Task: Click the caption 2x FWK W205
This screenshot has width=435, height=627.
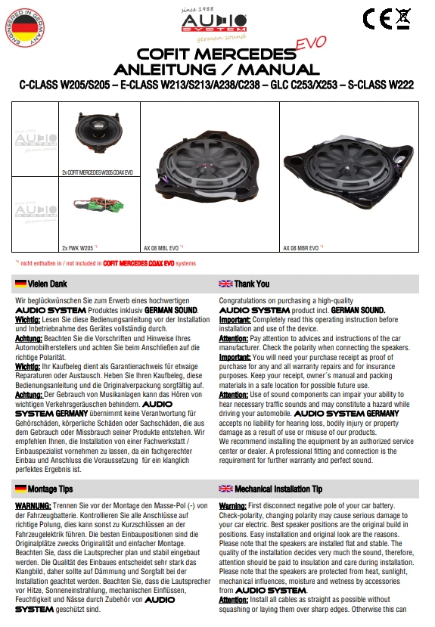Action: coord(77,247)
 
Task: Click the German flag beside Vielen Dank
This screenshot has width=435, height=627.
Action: coord(20,284)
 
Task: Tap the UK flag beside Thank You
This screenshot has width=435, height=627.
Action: coord(225,284)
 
